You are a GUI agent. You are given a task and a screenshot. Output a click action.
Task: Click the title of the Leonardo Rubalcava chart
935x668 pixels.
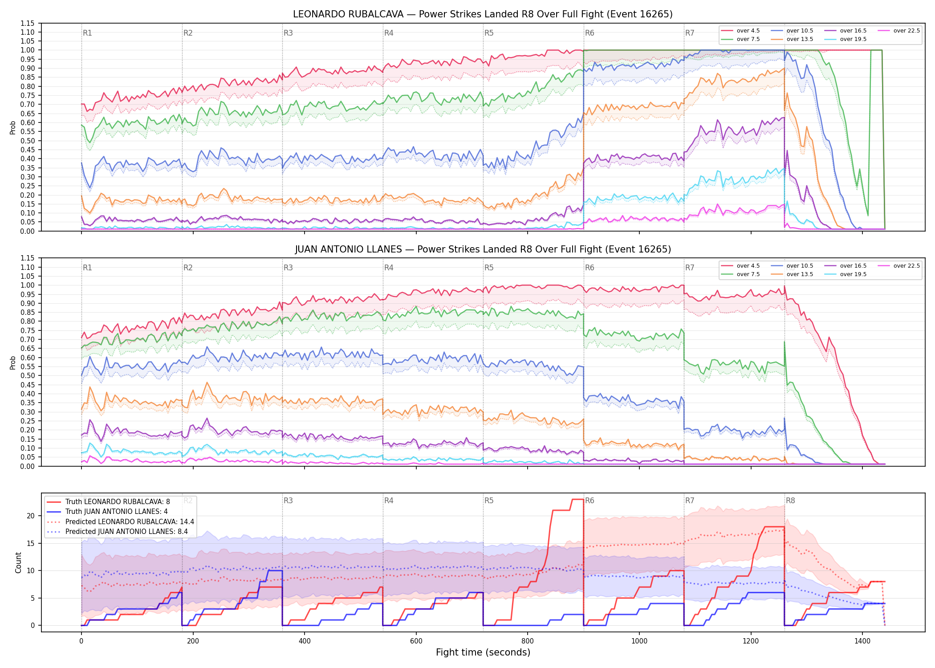[x=483, y=14]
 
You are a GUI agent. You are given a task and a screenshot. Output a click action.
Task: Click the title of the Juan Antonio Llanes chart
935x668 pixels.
[x=483, y=249]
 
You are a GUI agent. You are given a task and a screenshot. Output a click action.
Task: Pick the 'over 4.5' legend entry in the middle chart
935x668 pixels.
[x=740, y=266]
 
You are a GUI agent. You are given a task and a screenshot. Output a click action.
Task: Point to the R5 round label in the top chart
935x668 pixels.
[x=489, y=33]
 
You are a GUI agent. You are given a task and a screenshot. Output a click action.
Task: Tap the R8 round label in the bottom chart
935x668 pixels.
[x=790, y=501]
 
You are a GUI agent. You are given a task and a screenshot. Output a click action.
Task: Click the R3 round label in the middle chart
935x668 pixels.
[x=288, y=268]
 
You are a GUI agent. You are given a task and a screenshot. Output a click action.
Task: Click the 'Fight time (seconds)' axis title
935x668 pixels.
[x=483, y=652]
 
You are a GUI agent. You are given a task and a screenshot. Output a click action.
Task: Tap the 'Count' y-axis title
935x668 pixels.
[x=18, y=562]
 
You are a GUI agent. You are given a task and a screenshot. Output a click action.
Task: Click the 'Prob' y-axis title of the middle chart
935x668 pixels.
[x=12, y=363]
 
